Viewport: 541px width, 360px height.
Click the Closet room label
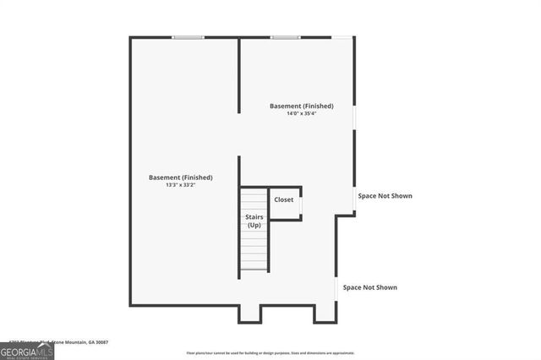tap(284, 199)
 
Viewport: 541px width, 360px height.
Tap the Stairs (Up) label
tap(254, 221)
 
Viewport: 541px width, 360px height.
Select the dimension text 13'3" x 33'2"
tap(180, 186)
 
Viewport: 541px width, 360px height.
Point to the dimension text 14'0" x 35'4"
tap(301, 114)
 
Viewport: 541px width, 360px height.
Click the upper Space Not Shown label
tap(385, 196)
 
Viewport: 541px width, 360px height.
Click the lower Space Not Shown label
tap(369, 287)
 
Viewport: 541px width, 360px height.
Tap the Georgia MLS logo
tap(26, 352)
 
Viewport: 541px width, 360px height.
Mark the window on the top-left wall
tap(188, 37)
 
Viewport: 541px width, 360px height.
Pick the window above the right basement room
tap(285, 37)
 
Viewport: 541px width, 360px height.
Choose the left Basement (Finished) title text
tap(180, 177)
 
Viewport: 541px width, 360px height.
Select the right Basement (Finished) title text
tap(301, 106)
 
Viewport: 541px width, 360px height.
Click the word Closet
tap(284, 199)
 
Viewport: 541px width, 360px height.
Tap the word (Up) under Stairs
tap(254, 226)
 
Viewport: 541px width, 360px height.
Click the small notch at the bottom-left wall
tap(249, 314)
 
